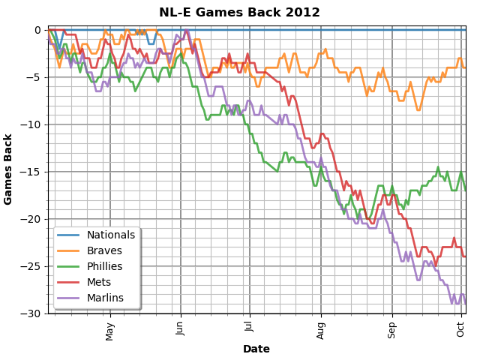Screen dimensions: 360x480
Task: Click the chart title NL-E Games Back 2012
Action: click(239, 13)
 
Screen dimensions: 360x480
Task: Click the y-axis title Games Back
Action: click(9, 169)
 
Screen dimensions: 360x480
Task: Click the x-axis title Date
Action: click(256, 349)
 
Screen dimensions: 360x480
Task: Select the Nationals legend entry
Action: click(111, 235)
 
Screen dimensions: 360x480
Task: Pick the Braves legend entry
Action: click(104, 251)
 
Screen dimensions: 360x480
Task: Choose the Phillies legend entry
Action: click(107, 266)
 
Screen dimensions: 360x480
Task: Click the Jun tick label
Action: click(180, 331)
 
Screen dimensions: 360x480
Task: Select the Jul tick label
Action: click(250, 329)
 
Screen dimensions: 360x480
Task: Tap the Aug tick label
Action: click(321, 331)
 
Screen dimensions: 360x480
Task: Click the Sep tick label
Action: click(391, 331)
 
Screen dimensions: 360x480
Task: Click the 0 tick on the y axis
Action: click(38, 30)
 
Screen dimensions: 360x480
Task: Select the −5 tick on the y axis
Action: click(34, 77)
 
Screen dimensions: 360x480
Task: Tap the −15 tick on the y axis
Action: click(32, 172)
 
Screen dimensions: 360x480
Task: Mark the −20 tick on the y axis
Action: click(32, 219)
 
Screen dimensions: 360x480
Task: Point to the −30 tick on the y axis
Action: click(32, 313)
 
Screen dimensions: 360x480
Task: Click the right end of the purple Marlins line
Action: click(466, 303)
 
